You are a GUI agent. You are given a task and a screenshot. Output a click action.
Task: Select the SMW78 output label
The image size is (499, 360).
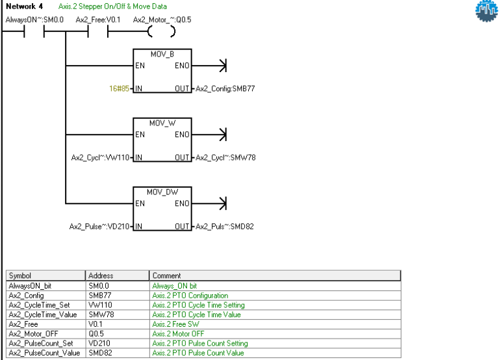[x=220, y=157]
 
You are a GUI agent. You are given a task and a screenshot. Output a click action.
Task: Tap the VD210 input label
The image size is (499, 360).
[x=101, y=226]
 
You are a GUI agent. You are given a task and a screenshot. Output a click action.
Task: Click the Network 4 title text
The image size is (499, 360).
[x=23, y=6]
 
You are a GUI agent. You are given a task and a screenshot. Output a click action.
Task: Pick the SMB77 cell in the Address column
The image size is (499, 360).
[x=99, y=294]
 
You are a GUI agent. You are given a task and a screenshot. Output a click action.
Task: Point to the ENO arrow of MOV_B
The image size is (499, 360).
[x=222, y=65]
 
